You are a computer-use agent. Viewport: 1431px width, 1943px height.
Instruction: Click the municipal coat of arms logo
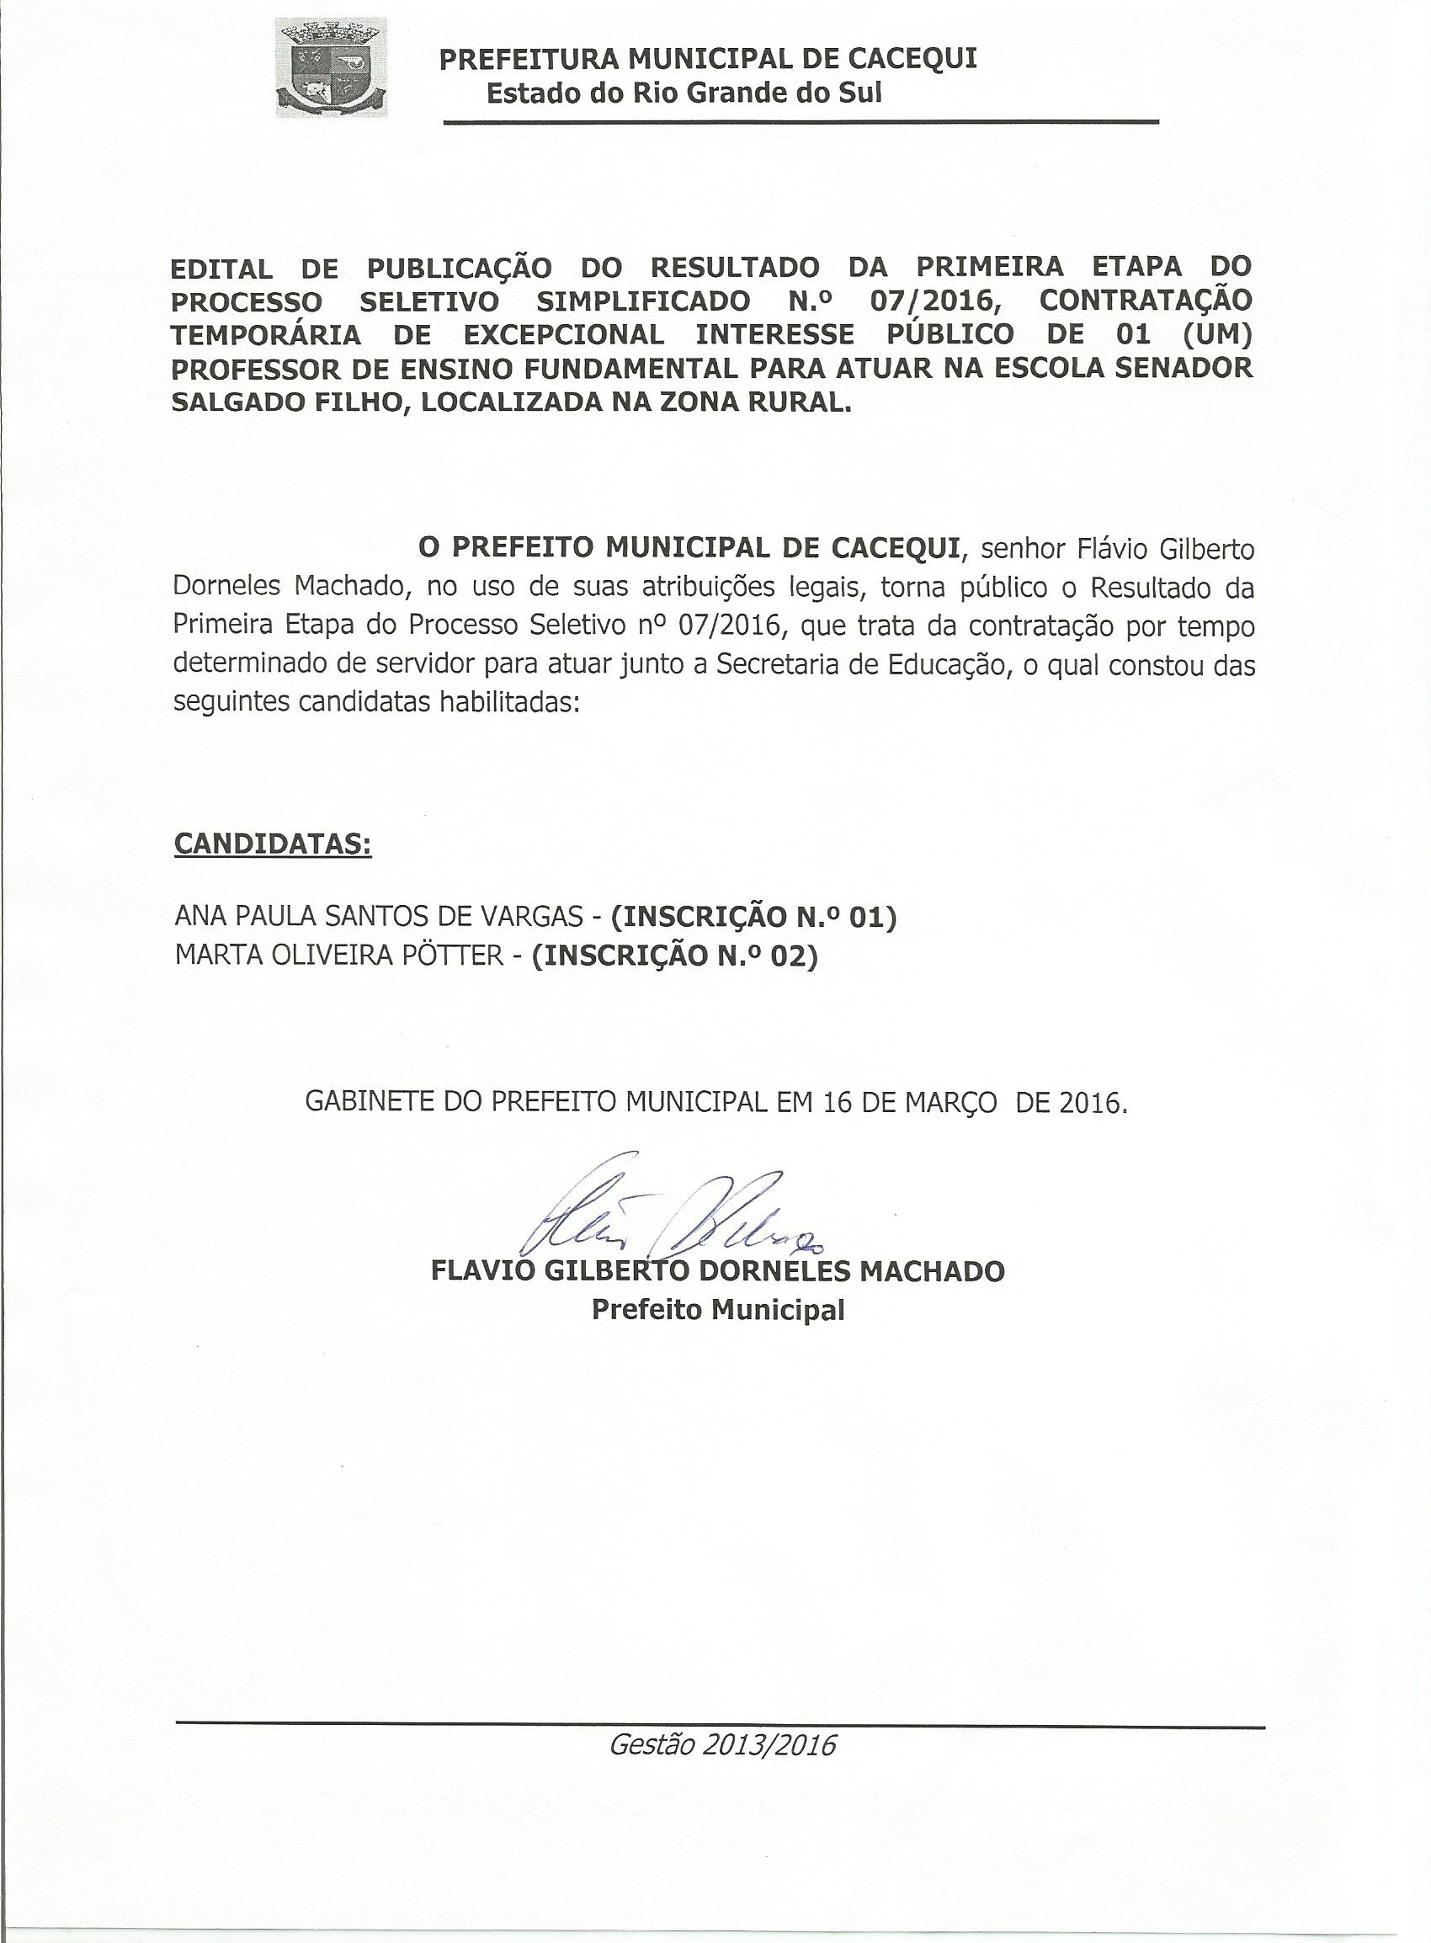tap(331, 70)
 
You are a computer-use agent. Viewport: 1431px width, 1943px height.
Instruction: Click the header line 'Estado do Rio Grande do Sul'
tap(684, 93)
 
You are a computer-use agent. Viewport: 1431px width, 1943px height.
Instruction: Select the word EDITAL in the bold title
tap(221, 268)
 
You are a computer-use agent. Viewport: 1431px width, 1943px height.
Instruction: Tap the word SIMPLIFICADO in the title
tap(644, 301)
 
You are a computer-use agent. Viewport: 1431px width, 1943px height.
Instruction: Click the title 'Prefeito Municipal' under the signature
tap(717, 1310)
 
